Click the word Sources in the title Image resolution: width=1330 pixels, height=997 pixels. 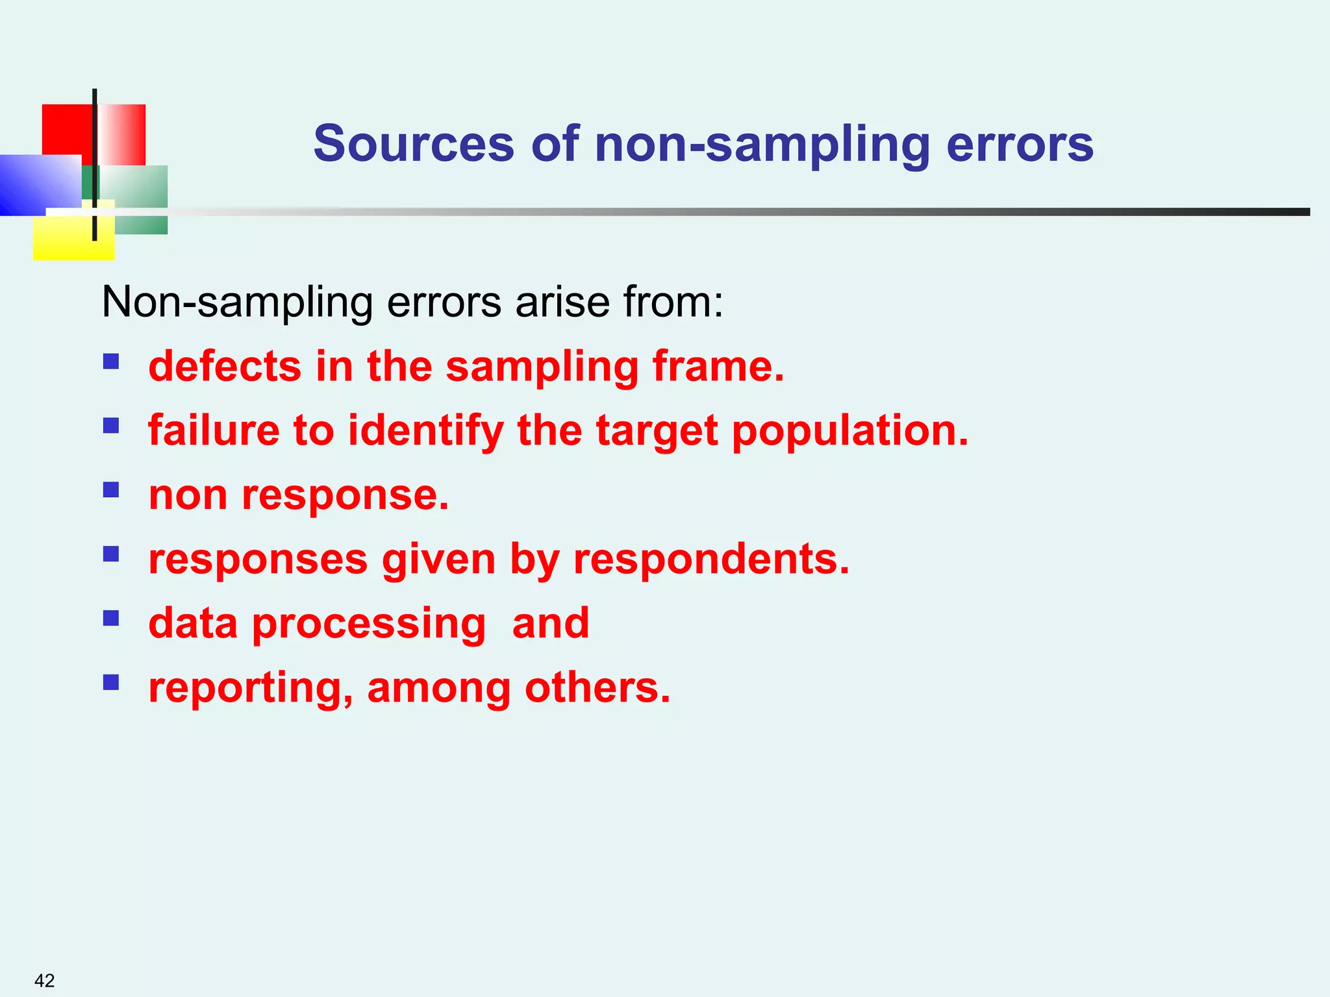coord(414,144)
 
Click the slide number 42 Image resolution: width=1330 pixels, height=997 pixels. coord(44,980)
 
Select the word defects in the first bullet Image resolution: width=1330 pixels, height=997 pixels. coord(225,366)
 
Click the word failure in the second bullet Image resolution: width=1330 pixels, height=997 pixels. coord(214,430)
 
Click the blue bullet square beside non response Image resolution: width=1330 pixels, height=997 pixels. coord(111,489)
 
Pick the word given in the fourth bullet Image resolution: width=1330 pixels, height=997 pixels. coord(438,560)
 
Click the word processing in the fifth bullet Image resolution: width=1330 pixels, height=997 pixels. coord(369,624)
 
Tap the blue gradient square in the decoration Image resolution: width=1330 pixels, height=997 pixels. coord(39,184)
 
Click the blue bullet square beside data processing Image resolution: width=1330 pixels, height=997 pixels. coord(111,617)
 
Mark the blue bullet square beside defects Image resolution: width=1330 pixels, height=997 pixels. coord(111,361)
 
